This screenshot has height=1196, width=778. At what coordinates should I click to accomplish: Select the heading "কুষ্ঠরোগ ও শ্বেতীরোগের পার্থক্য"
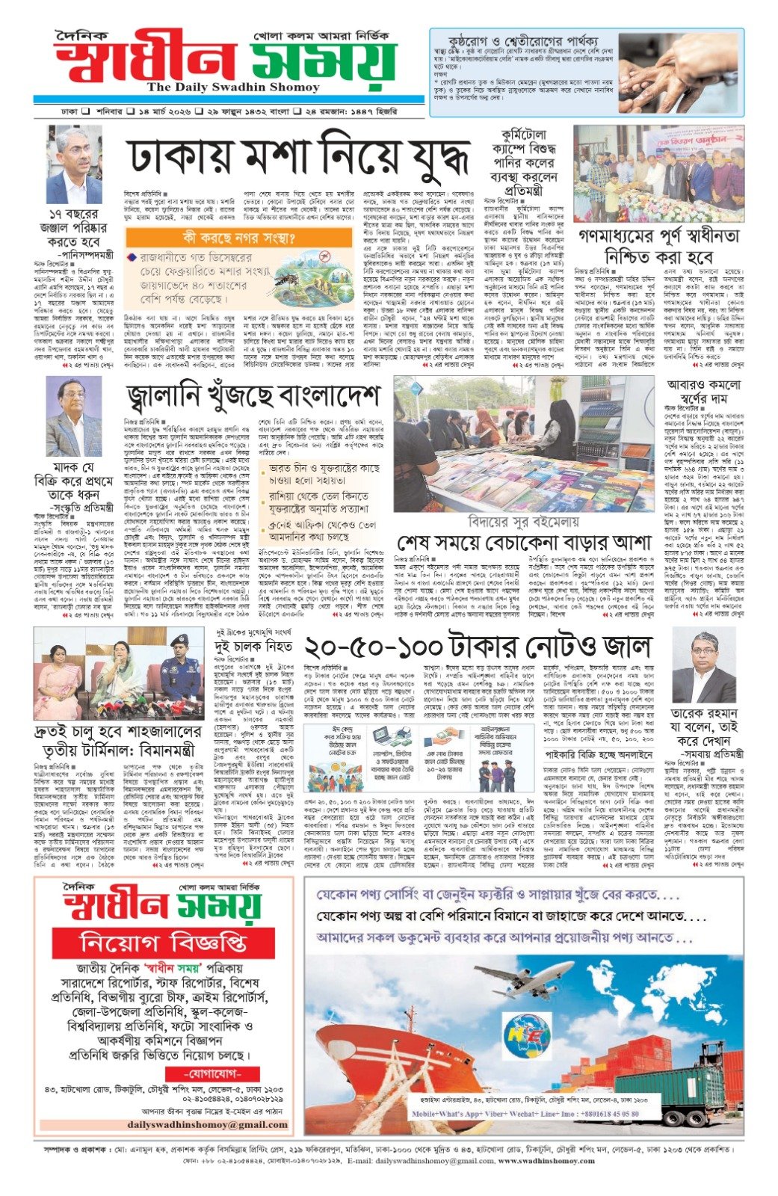tap(523, 39)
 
